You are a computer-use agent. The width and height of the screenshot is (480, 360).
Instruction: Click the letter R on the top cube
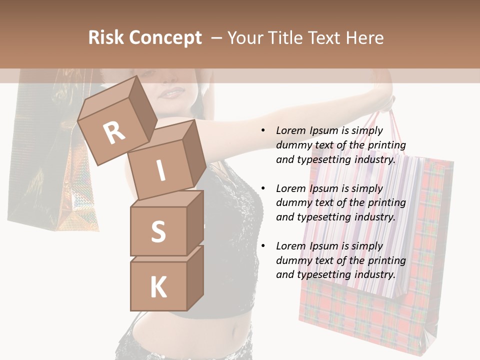coord(114,133)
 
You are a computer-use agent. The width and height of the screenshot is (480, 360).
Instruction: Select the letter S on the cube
coord(158,231)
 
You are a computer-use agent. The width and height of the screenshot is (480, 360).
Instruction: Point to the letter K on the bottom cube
coord(158,288)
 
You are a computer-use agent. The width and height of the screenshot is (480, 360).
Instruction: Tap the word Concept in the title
coord(164,38)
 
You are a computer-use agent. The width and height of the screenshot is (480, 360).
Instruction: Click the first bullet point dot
coord(263,130)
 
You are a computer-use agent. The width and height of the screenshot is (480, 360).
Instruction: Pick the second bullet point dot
coord(263,188)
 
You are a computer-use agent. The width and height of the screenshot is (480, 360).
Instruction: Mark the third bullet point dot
coord(263,246)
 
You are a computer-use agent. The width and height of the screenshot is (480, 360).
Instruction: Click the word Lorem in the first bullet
coord(291,130)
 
